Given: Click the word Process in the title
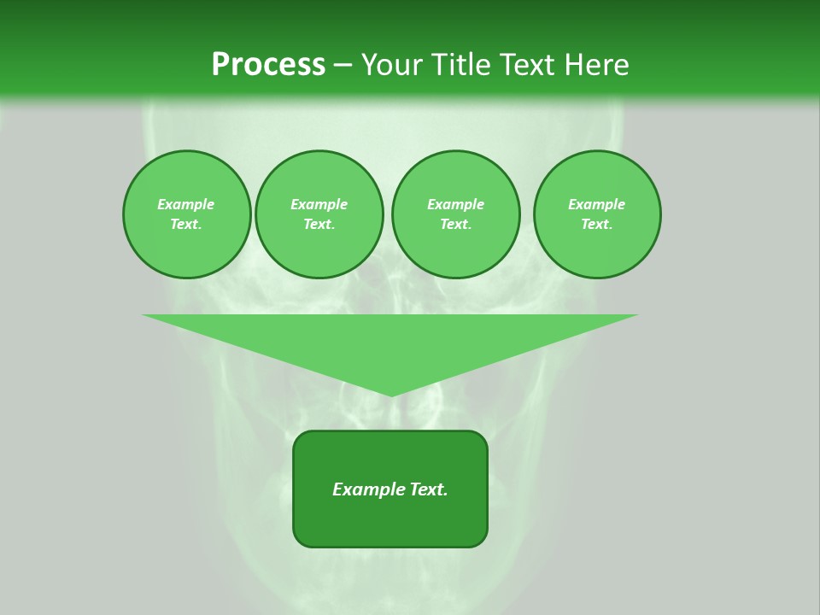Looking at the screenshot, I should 268,65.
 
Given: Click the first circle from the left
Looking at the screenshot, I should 187,214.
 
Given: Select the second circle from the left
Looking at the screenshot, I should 319,214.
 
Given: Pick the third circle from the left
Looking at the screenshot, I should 455,214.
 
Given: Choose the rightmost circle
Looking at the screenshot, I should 597,214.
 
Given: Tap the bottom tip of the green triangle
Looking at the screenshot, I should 391,395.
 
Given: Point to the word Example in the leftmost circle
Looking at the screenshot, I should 186,204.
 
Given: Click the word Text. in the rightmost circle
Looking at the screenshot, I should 597,224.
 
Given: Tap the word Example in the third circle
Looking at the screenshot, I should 455,204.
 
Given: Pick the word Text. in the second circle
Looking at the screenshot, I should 319,224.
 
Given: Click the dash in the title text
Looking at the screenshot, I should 343,65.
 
